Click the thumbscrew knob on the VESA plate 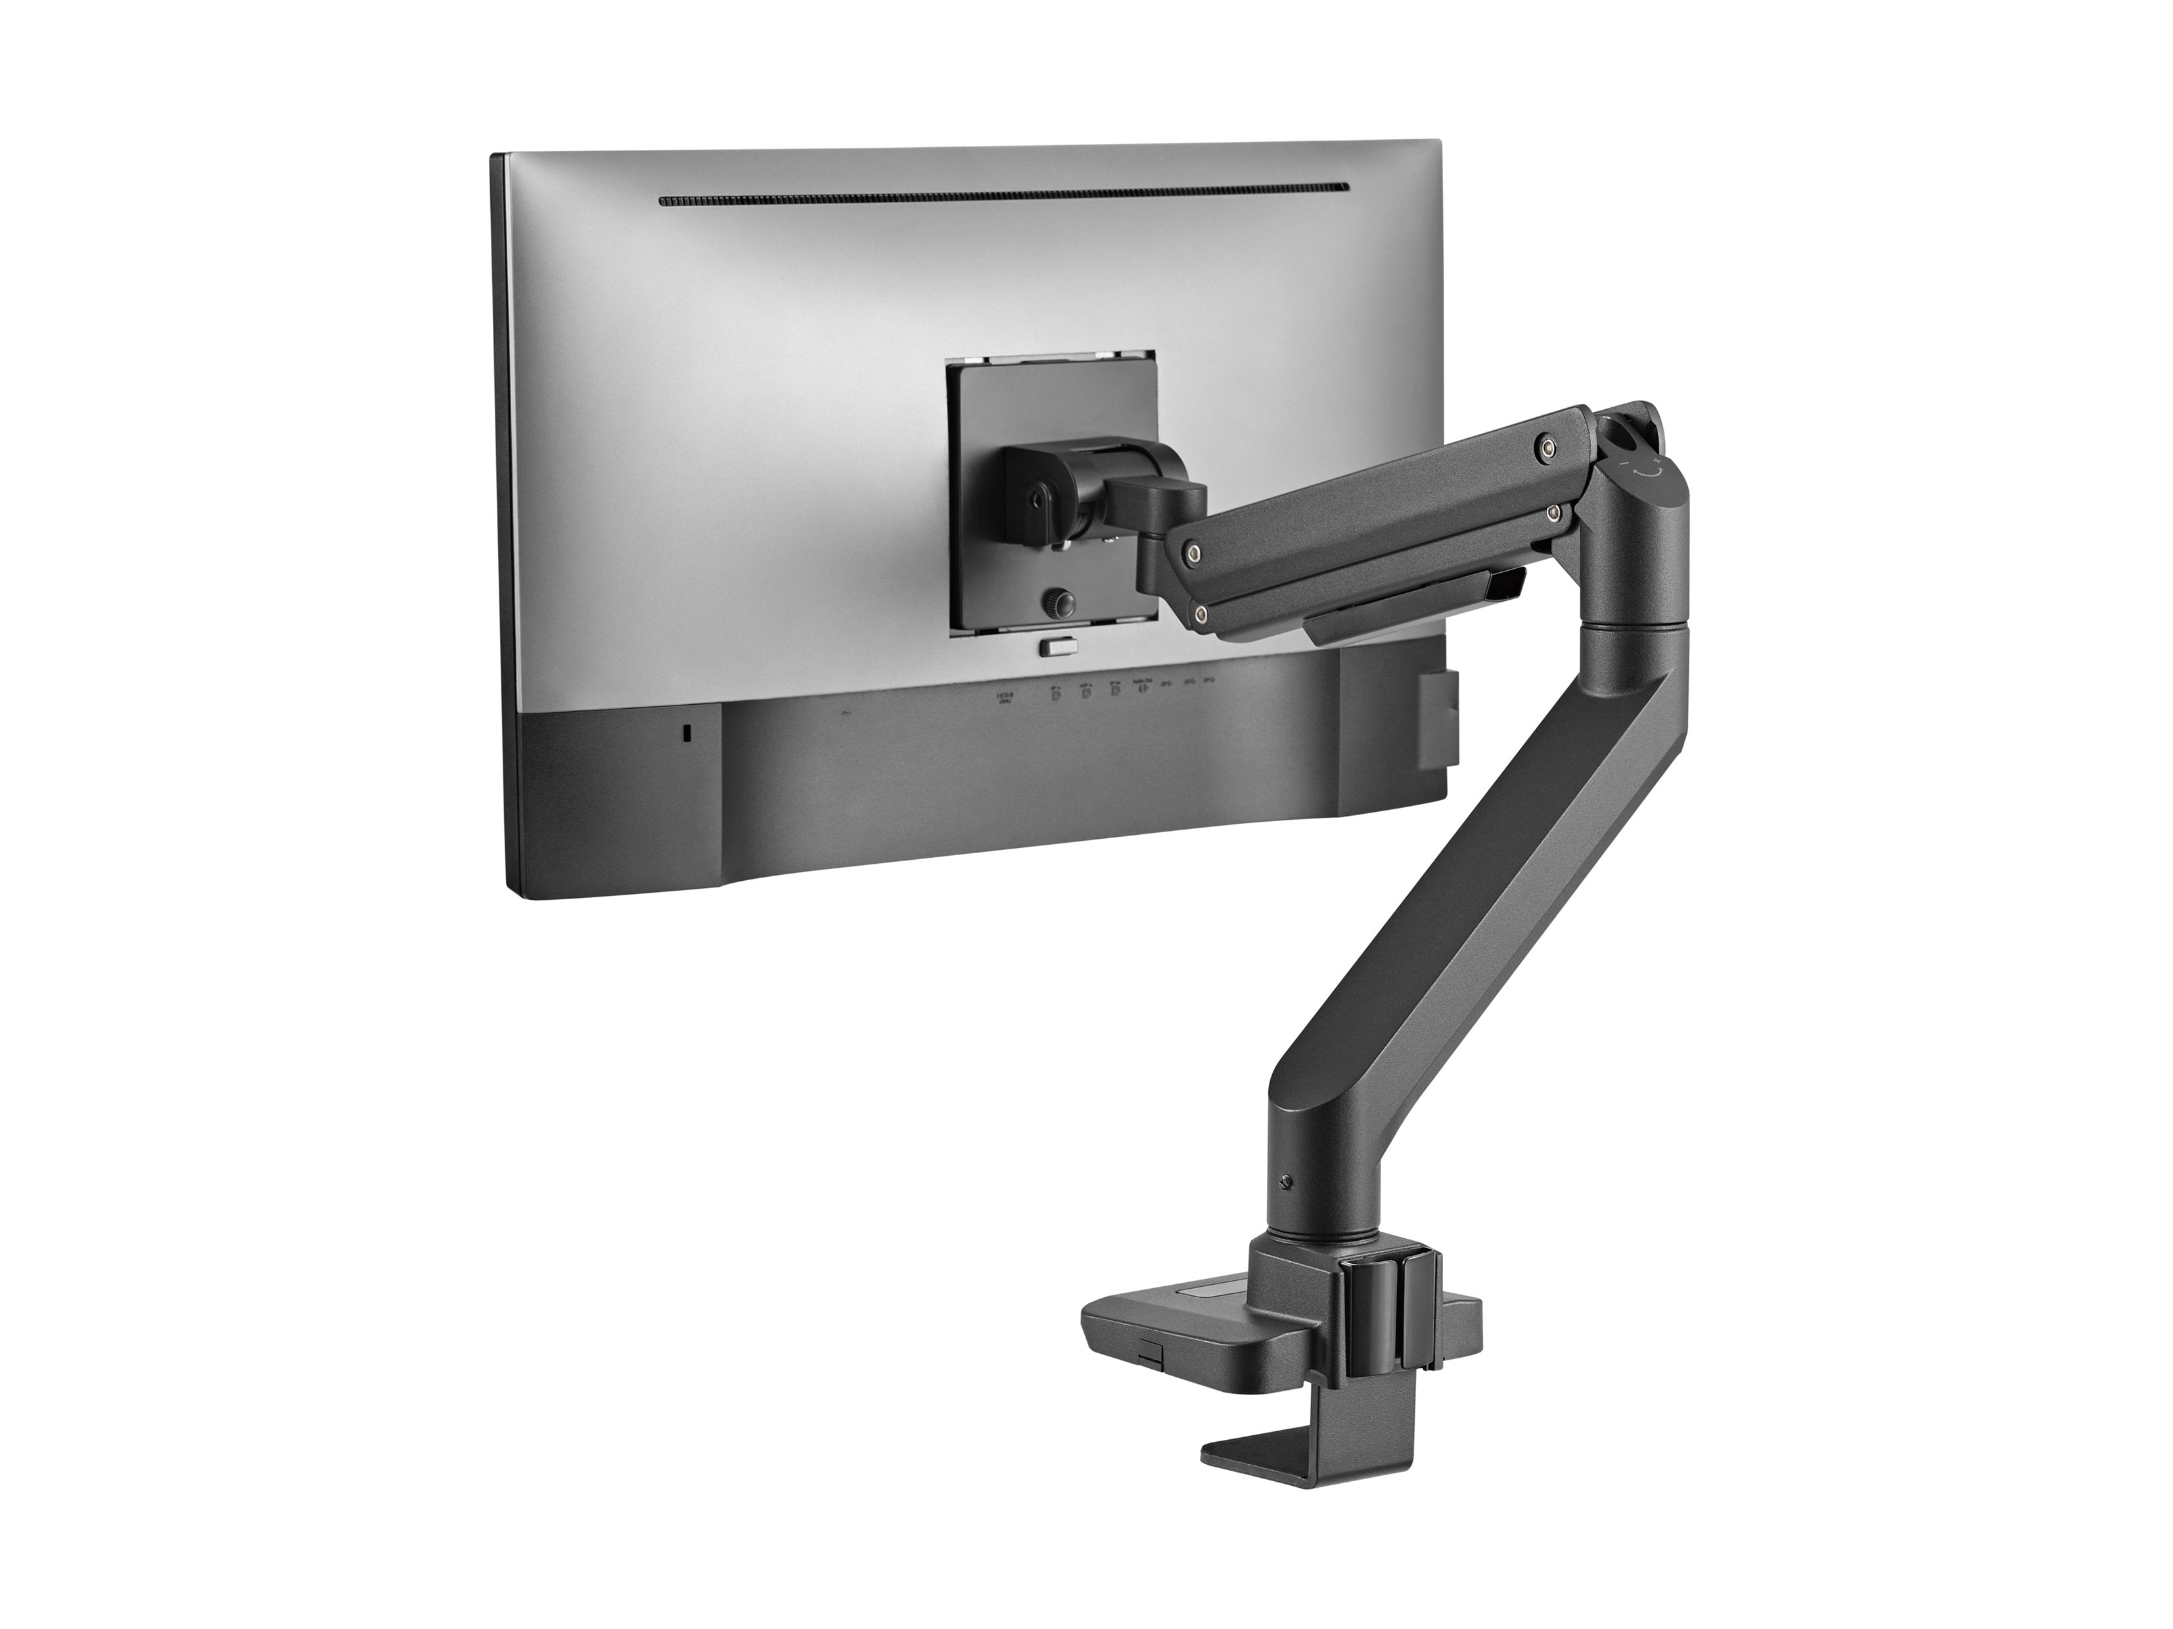pyautogui.click(x=1057, y=602)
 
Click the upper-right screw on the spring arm pyautogui.click(x=1548, y=449)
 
